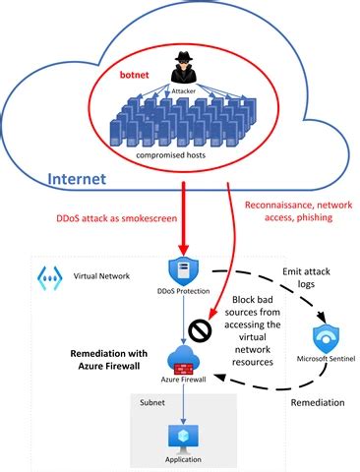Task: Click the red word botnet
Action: pyautogui.click(x=133, y=73)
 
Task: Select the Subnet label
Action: pyautogui.click(x=150, y=401)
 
